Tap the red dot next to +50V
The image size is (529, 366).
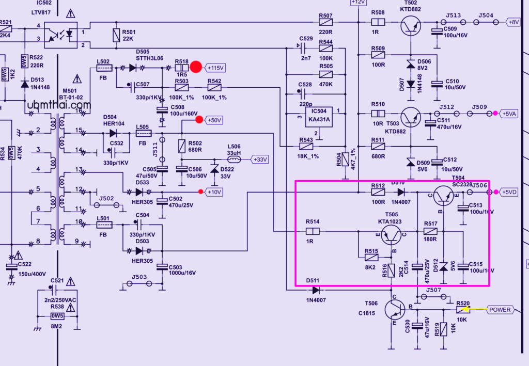(199, 120)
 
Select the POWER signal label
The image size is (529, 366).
(500, 310)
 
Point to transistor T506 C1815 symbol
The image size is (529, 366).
(395, 310)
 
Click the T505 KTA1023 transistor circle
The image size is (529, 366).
(392, 235)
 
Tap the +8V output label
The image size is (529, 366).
(514, 22)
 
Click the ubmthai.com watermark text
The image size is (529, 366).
(60, 105)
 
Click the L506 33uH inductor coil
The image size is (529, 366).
(234, 159)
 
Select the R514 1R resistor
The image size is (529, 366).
(313, 232)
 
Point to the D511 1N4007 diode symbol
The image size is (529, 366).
(316, 290)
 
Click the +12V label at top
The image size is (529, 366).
(358, 3)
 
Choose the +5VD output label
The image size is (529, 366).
(510, 192)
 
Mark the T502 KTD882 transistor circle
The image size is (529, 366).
(411, 25)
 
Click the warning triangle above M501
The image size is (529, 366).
(77, 79)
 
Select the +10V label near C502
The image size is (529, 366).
(214, 192)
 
